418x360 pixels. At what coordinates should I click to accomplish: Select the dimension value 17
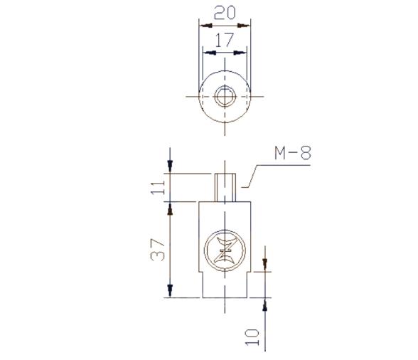click(224, 41)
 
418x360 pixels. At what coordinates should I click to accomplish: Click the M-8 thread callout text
click(292, 153)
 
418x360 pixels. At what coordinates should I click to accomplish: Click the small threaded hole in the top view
click(225, 95)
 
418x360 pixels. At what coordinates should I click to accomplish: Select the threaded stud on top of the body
click(225, 186)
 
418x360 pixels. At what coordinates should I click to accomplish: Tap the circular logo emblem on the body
click(225, 250)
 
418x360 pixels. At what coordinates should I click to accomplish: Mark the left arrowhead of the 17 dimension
click(208, 53)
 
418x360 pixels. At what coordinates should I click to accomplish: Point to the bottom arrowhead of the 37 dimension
click(170, 291)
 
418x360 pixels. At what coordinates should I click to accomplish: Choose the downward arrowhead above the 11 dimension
click(170, 166)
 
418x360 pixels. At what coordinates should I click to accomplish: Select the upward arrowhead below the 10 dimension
click(264, 304)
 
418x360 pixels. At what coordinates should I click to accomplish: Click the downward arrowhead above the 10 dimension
click(264, 267)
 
